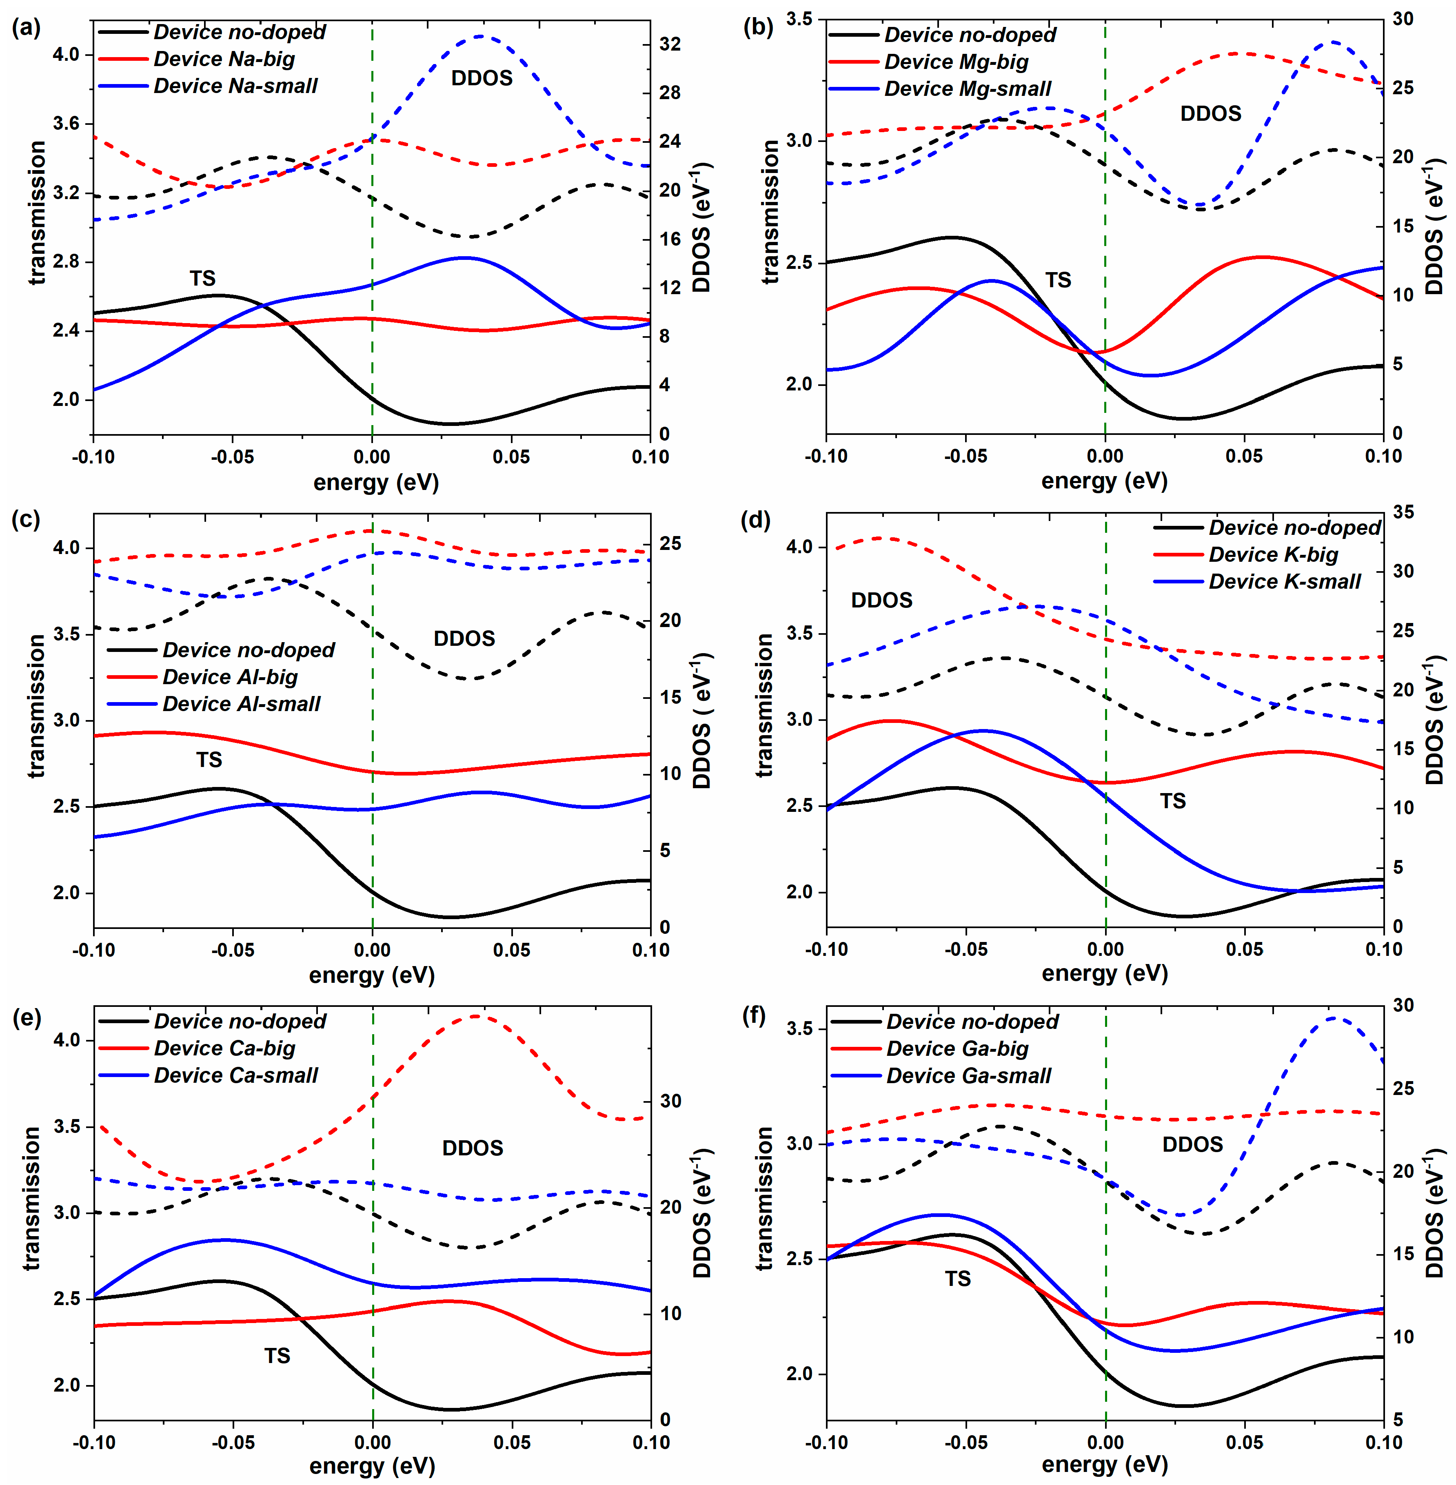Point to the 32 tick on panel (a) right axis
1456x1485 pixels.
(x=670, y=44)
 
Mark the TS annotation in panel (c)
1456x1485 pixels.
(x=209, y=759)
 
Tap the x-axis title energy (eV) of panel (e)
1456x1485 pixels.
(x=372, y=1465)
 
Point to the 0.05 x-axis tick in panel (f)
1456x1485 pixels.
(x=1244, y=1442)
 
